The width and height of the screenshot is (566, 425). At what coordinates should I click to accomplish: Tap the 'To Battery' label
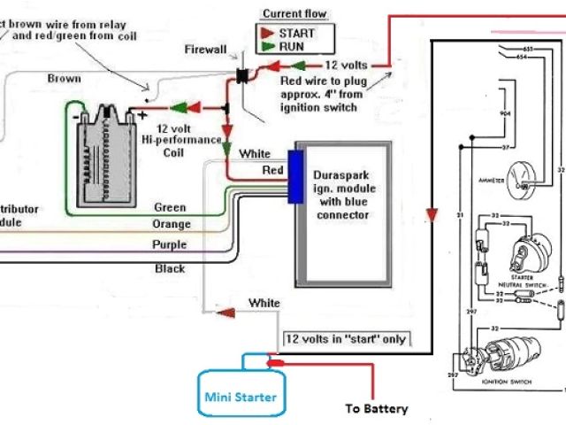pos(377,408)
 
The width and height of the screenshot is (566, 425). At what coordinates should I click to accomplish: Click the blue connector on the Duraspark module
pos(295,177)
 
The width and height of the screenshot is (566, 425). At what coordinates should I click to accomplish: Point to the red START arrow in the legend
pos(266,33)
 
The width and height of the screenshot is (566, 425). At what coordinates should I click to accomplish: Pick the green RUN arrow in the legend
pos(266,46)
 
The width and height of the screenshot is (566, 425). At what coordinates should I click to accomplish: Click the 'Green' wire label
pos(170,207)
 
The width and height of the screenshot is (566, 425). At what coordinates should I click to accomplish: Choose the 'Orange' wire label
pos(171,224)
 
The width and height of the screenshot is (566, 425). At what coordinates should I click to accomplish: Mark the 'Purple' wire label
pos(170,244)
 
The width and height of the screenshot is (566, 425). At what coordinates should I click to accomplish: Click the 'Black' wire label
pos(170,267)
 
